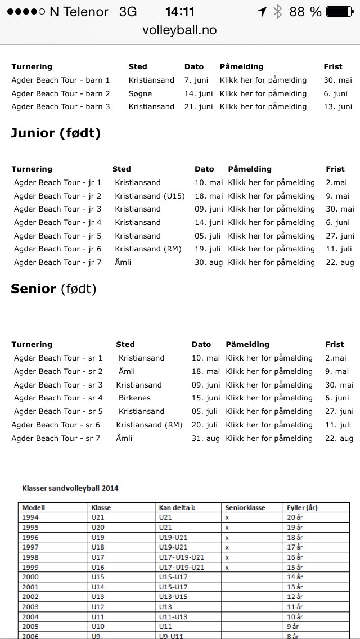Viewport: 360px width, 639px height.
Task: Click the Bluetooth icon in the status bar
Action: [x=277, y=12]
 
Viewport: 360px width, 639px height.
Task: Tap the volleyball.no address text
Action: [x=180, y=30]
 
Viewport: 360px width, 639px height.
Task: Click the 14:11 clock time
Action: [x=180, y=12]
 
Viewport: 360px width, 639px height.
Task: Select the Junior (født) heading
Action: [x=56, y=133]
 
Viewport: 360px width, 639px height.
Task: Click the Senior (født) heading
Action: [x=53, y=289]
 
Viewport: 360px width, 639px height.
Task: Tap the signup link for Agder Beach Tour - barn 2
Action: [x=263, y=93]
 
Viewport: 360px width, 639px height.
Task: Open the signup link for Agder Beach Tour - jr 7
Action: [x=271, y=262]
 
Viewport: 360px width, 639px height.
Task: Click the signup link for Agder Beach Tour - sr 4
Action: [x=269, y=398]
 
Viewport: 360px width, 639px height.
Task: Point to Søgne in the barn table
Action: [x=140, y=93]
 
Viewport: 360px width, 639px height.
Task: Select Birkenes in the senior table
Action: [x=134, y=398]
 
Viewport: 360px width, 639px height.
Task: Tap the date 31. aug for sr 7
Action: [x=205, y=438]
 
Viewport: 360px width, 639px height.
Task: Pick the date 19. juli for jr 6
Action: [x=209, y=249]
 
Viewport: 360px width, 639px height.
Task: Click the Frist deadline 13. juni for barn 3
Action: [x=338, y=106]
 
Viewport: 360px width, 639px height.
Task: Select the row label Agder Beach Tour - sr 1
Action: [x=58, y=358]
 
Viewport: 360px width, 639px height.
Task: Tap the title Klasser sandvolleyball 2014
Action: [x=70, y=488]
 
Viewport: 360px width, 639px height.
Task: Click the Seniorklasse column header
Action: [x=245, y=507]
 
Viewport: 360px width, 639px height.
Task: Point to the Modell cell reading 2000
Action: [x=31, y=577]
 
